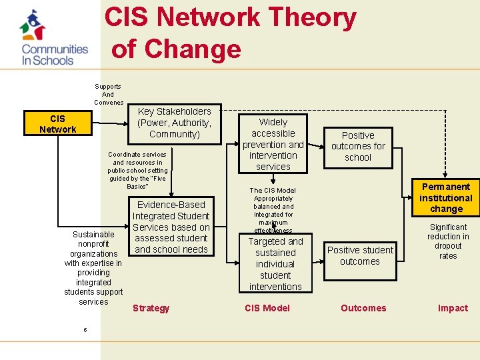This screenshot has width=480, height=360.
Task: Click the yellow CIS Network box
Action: point(58,124)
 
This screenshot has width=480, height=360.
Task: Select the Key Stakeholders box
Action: point(174,123)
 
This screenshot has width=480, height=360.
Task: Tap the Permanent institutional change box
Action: point(446,198)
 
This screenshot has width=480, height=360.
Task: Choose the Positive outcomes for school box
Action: point(358,146)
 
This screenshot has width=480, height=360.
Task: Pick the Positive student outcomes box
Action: point(360,255)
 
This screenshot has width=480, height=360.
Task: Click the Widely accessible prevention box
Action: point(273,144)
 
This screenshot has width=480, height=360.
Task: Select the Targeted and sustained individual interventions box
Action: point(275,264)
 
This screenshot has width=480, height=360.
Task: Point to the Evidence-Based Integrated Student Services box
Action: point(171,227)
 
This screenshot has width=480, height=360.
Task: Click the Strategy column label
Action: point(151,308)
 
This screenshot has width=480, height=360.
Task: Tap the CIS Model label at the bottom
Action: point(267,308)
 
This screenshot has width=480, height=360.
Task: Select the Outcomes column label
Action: point(363,308)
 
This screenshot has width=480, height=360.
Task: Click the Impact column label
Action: point(453,308)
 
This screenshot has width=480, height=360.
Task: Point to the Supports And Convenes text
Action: point(108,94)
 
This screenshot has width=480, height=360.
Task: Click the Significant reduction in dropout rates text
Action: point(448,241)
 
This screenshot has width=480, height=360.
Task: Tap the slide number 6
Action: point(85,330)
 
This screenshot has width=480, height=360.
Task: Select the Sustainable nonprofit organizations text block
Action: point(93,268)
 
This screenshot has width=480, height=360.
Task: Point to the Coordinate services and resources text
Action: point(138,170)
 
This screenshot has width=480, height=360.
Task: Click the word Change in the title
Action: point(193,49)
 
